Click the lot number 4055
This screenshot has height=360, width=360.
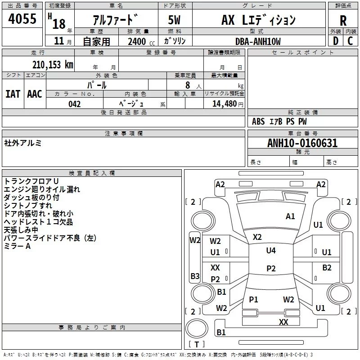pyautogui.click(x=22, y=18)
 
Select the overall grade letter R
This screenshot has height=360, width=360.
pyautogui.click(x=343, y=20)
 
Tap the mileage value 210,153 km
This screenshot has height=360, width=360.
pyautogui.click(x=53, y=65)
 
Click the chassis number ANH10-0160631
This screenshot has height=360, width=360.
pyautogui.click(x=302, y=143)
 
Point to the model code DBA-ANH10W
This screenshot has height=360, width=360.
pyautogui.click(x=258, y=41)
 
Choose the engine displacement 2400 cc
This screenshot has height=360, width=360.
pyautogui.click(x=141, y=41)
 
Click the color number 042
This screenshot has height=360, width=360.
pyautogui.click(x=74, y=104)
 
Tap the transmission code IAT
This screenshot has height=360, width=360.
pyautogui.click(x=13, y=94)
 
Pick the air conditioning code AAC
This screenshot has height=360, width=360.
pyautogui.click(x=35, y=94)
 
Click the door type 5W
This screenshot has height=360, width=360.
pyautogui.click(x=174, y=20)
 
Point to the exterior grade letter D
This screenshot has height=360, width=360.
pyautogui.click(x=336, y=41)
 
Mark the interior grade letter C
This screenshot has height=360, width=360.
pyautogui.click(x=350, y=41)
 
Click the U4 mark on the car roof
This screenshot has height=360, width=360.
pyautogui.click(x=271, y=250)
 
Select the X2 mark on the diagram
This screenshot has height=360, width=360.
pyautogui.click(x=257, y=237)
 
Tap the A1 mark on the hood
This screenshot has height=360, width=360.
pyautogui.click(x=290, y=216)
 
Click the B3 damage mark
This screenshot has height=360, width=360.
pyautogui.click(x=195, y=276)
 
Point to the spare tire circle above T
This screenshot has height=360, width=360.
pyautogui.click(x=197, y=328)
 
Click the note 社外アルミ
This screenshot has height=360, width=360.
pyautogui.click(x=23, y=143)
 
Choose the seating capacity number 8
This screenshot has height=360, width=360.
pyautogui.click(x=188, y=85)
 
